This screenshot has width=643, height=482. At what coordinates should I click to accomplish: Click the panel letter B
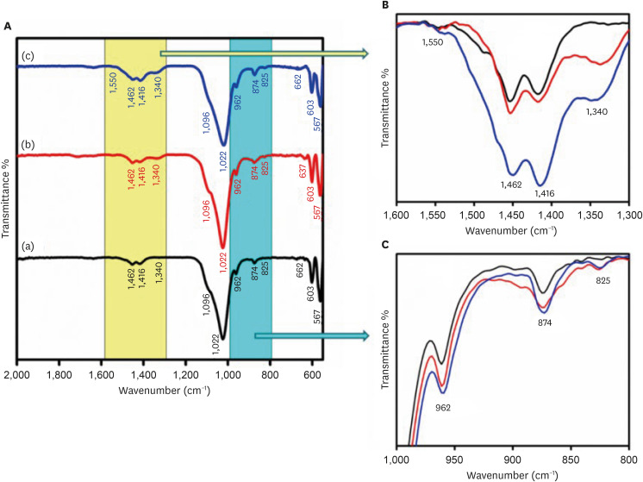coord(383,6)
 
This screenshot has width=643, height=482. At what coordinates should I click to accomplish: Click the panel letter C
coord(383,244)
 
